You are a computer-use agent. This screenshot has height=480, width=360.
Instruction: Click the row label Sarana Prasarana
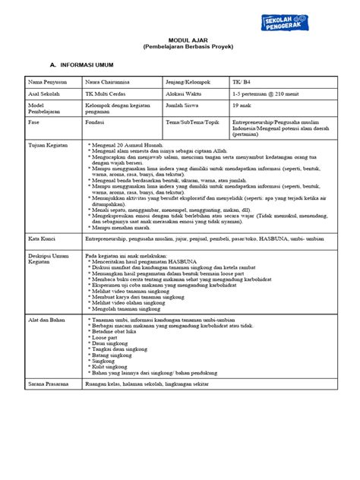click(x=49, y=385)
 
